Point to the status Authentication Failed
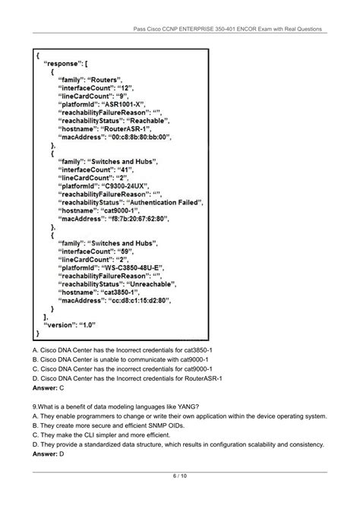pos(165,204)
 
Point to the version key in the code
pos(62,324)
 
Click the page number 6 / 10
pos(179,476)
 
